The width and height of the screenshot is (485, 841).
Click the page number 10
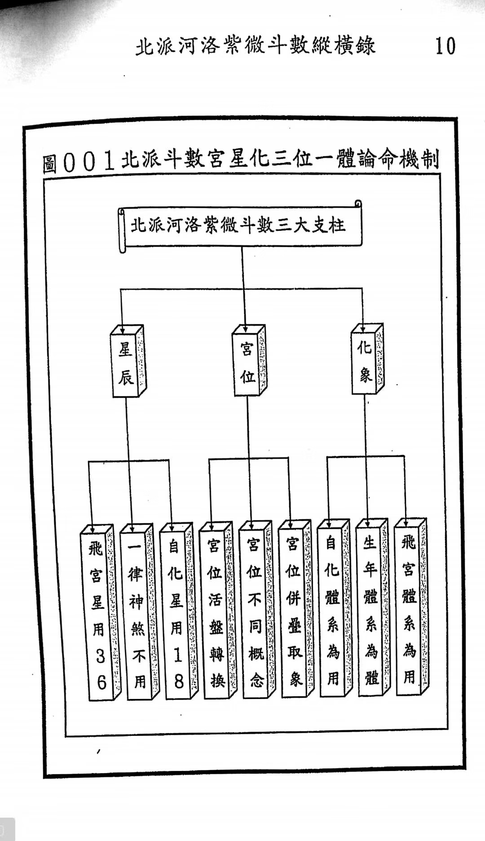(445, 46)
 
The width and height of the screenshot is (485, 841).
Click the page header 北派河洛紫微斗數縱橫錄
(255, 46)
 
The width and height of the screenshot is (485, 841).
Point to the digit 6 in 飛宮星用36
(101, 683)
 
